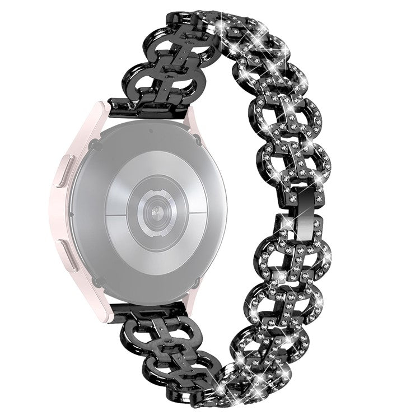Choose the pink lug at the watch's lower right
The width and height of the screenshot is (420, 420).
(193, 302)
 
